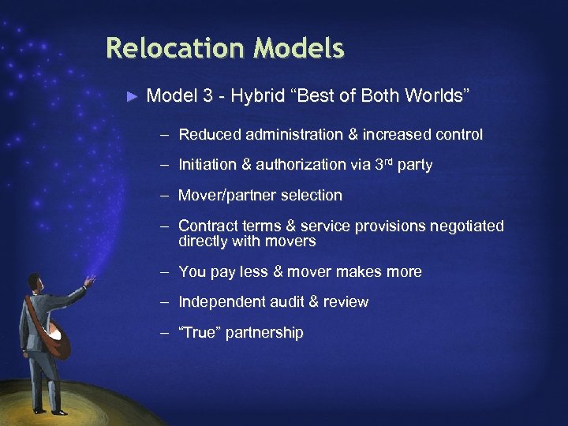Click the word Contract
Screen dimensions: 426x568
pyautogui.click(x=207, y=226)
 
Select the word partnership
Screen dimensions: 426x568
pyautogui.click(x=264, y=333)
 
